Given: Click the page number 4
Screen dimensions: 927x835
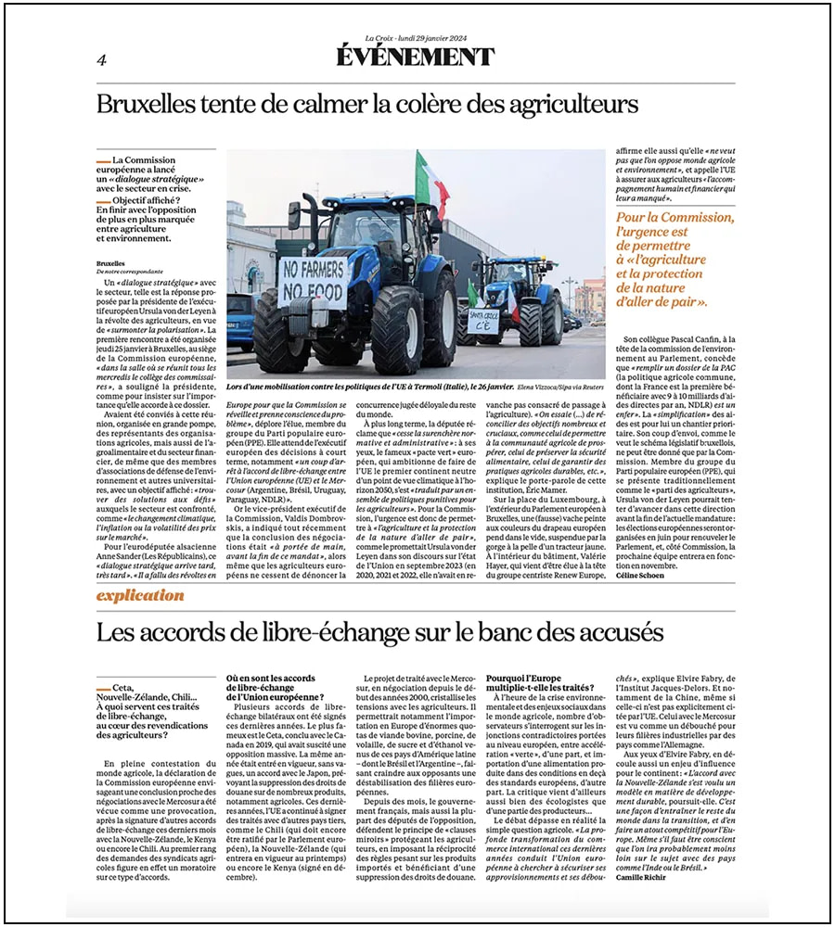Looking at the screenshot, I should click(101, 60).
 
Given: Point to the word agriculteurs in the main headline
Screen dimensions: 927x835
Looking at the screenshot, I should click(566, 103).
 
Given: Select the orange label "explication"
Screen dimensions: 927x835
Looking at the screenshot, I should click(140, 595).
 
